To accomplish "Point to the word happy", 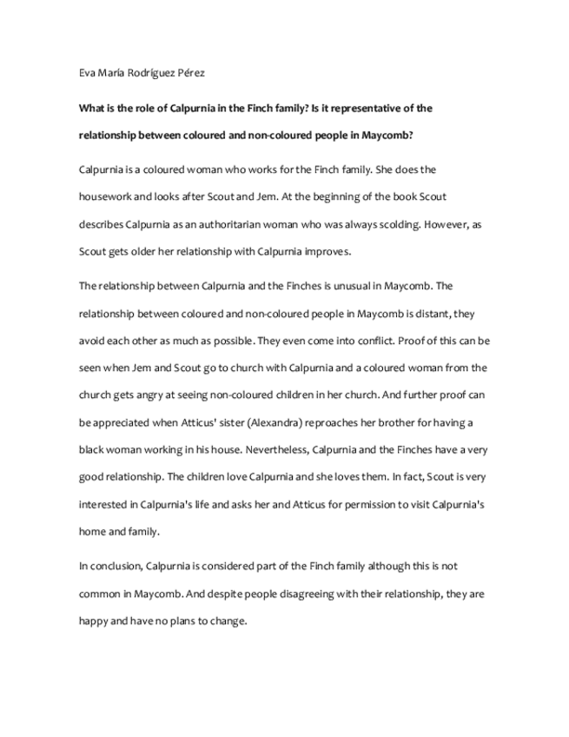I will point(95,621).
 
